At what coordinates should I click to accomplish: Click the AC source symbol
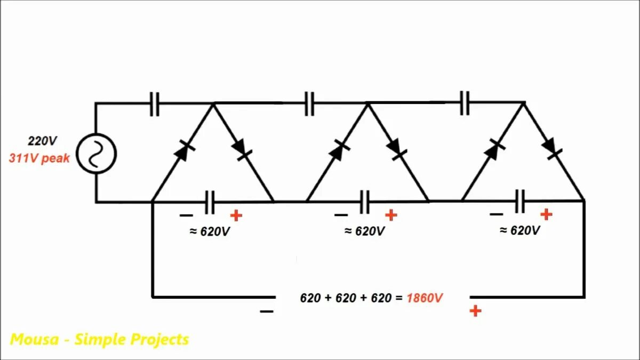(x=96, y=154)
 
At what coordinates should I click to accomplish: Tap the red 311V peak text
(x=39, y=158)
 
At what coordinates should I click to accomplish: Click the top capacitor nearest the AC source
(x=155, y=103)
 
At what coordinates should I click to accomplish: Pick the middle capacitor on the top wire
(x=309, y=103)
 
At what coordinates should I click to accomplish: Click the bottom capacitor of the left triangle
(x=210, y=202)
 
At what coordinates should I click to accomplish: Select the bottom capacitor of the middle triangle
(x=365, y=202)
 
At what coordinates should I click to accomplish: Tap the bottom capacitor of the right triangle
(x=520, y=201)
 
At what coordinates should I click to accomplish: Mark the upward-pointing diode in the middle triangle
(x=337, y=151)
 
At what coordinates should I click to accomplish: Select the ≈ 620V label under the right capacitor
(x=519, y=230)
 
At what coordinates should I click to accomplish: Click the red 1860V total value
(x=425, y=298)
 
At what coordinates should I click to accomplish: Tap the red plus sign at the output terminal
(x=475, y=311)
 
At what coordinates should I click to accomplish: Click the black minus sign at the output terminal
(x=267, y=311)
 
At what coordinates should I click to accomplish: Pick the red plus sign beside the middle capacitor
(x=391, y=215)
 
